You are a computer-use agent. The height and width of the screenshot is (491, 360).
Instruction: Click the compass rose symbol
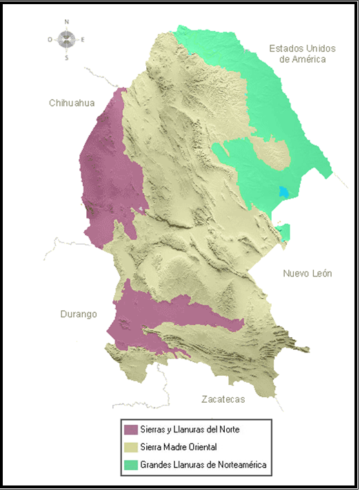coord(67,40)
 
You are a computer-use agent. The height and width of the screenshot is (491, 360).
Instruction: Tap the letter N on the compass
coord(67,22)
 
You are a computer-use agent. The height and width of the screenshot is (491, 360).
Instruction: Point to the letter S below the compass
coord(67,58)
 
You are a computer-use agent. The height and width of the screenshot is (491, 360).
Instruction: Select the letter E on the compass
coord(83,40)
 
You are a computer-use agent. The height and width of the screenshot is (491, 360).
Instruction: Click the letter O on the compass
coord(50,40)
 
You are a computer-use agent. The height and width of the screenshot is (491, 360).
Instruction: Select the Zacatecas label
coord(223,399)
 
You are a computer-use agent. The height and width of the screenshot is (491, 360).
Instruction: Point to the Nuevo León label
coord(308,274)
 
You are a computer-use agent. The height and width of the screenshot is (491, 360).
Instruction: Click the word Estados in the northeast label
coord(285,48)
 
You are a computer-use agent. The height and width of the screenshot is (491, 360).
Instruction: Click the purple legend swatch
coord(130,429)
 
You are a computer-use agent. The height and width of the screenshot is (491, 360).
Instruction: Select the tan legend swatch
coord(130,448)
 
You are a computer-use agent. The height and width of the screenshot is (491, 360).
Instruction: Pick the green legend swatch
coord(130,465)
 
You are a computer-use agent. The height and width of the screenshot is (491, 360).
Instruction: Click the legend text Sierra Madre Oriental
coord(178,448)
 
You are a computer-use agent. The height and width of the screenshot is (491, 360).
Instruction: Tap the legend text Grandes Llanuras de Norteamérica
coord(203,465)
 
